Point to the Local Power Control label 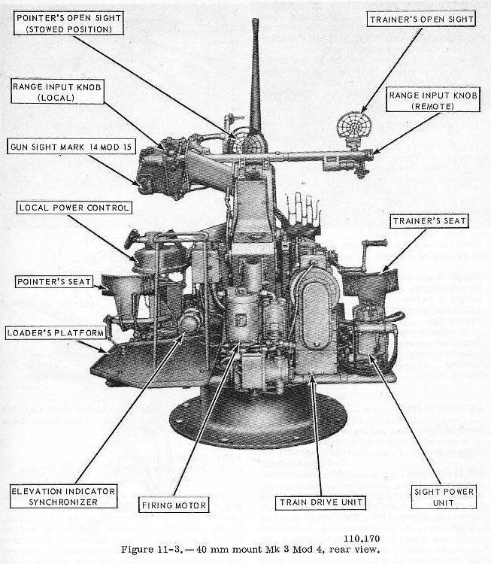click(x=75, y=208)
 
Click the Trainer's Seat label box click(x=429, y=221)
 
